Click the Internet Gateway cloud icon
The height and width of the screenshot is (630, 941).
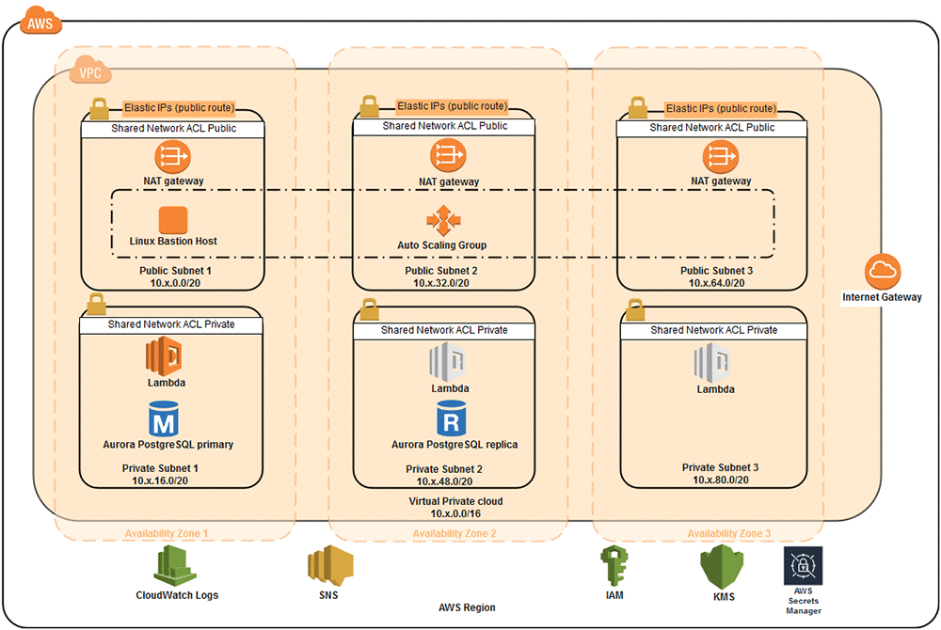(882, 273)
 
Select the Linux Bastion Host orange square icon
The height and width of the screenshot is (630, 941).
(173, 220)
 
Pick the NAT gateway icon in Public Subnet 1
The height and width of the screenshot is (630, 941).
(173, 156)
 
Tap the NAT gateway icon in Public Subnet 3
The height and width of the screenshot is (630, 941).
(721, 156)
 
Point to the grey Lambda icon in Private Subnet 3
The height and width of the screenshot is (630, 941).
(712, 360)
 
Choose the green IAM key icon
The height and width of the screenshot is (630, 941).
(613, 567)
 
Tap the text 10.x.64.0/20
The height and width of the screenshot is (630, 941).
(717, 283)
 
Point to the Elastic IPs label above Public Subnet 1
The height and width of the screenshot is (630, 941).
(180, 107)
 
